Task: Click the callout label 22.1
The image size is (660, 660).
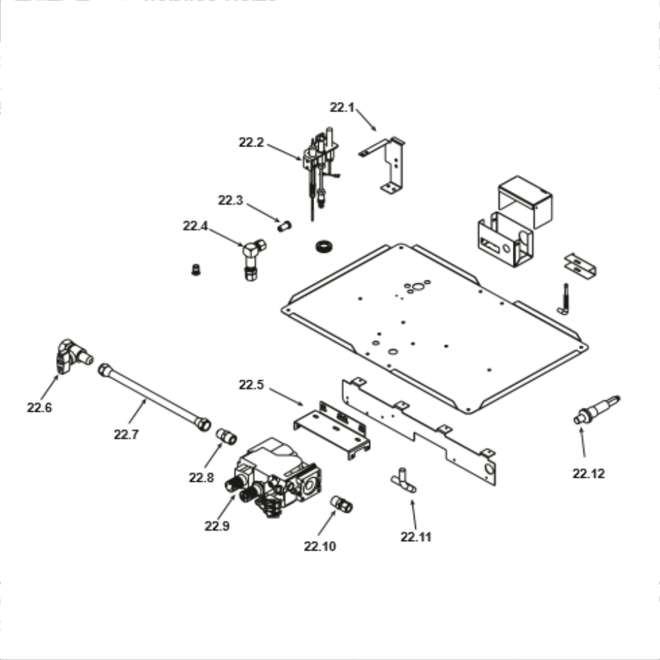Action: tap(342, 108)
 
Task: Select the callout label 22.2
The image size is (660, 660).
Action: tap(251, 142)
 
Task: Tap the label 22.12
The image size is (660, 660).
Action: tap(588, 473)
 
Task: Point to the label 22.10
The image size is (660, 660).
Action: tap(319, 546)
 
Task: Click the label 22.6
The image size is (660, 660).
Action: tap(39, 408)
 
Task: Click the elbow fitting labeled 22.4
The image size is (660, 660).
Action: tap(251, 258)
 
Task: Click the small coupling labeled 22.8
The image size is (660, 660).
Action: tap(226, 436)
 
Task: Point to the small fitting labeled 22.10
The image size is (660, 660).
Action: tap(342, 505)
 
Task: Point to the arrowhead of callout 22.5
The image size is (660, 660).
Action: tap(302, 404)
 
